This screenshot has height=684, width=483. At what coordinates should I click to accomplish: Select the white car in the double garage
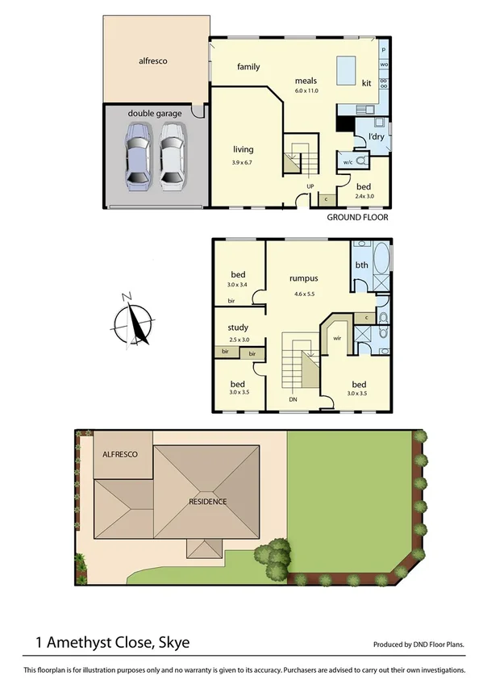170,155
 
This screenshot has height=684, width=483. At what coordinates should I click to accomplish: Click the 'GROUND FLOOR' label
357,218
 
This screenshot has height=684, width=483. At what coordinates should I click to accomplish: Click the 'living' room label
243,149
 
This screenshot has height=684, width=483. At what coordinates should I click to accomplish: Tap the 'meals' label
306,81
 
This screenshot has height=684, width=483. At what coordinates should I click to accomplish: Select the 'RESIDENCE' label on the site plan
208,501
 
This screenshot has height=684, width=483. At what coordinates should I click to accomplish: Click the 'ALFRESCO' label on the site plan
120,455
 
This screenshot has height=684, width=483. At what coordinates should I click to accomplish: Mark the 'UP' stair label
310,187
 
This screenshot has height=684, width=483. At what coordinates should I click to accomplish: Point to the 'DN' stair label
293,398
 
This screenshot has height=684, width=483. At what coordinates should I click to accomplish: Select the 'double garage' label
154,114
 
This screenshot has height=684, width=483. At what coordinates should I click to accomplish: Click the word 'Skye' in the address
173,643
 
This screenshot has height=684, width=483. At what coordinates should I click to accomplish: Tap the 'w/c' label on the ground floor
347,161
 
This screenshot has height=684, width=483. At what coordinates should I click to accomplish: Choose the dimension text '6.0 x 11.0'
306,91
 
